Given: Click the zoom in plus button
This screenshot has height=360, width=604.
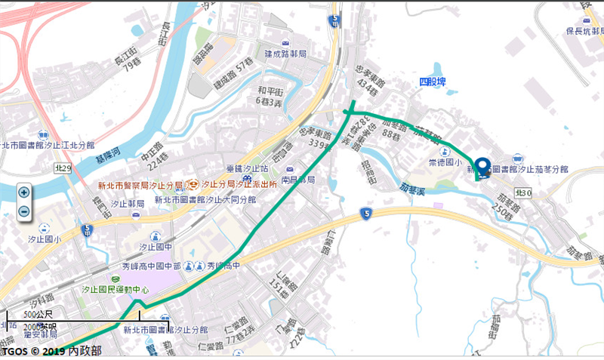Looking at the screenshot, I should click(x=23, y=192).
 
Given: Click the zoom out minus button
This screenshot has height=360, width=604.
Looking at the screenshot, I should click(x=23, y=211).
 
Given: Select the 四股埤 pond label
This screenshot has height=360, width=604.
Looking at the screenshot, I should click(x=433, y=82).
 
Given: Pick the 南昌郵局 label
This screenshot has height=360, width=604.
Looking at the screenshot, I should click(x=297, y=181).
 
